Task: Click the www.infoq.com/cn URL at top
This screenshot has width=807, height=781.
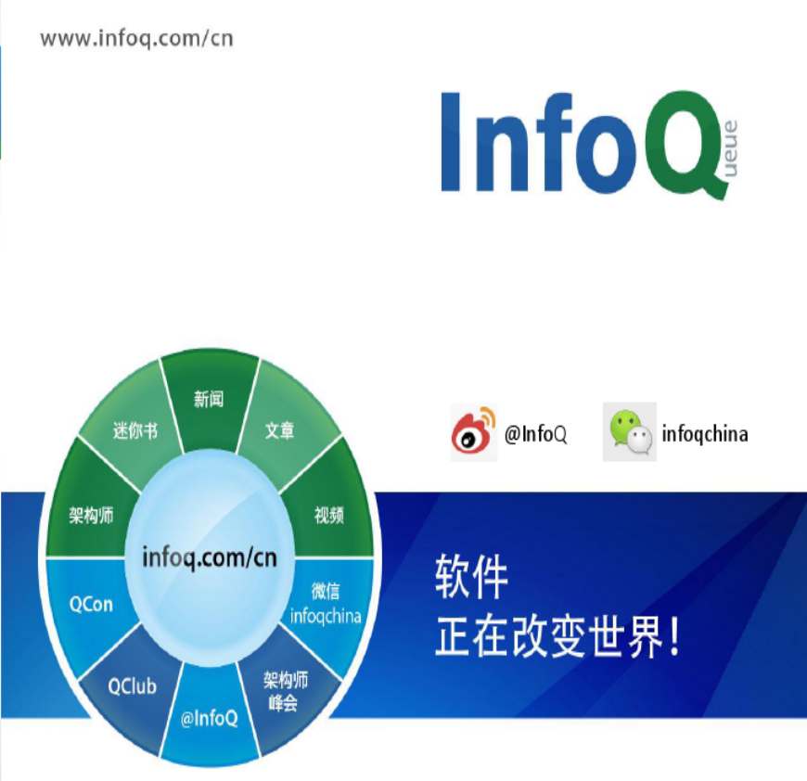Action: point(136,39)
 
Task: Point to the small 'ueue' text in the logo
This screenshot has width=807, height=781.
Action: point(730,148)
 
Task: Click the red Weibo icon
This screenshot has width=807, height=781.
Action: point(473,432)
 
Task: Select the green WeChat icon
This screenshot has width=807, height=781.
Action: point(630,431)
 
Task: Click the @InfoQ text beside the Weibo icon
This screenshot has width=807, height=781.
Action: point(536,434)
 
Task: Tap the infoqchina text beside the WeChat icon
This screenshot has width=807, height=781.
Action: point(705,434)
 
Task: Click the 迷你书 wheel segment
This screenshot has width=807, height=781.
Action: point(134,428)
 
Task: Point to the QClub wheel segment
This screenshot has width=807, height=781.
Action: point(132,686)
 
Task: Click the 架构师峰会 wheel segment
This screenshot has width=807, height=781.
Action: point(286,690)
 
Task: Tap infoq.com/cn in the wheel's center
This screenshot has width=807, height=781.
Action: point(210,558)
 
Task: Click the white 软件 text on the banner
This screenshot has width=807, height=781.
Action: point(471,577)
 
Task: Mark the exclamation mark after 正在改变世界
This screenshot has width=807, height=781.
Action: point(674,636)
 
